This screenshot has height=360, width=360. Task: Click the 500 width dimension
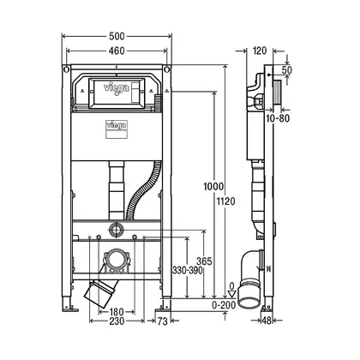(117, 36)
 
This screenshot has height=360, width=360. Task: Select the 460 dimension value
(117, 51)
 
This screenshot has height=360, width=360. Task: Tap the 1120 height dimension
(225, 201)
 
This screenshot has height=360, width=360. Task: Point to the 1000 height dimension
(213, 187)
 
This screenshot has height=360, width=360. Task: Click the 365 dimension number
(204, 261)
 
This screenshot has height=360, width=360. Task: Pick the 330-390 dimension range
(187, 270)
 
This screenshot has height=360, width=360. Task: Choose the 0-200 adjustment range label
(224, 305)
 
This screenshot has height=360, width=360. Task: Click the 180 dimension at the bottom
(117, 312)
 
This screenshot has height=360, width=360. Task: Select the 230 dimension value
(117, 321)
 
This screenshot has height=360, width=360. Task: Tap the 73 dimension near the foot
(162, 321)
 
